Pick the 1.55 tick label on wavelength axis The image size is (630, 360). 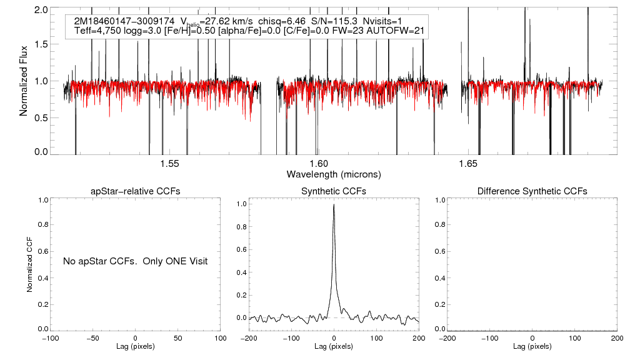pos(169,164)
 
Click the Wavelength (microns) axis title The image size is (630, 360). pos(334,174)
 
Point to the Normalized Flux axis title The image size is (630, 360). pos(24,80)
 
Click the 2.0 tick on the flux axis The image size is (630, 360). pos(42,11)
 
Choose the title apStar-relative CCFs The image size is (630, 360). pos(136,191)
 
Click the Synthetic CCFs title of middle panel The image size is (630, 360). pos(334,191)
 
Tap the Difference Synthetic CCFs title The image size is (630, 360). pos(532,191)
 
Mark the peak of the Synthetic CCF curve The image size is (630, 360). pos(334,204)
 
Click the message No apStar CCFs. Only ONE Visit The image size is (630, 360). pos(135,261)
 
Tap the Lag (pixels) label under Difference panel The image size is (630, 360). pos(532,346)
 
